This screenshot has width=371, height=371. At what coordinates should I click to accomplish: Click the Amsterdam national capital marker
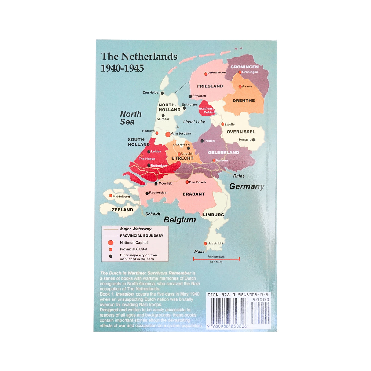tap(167, 134)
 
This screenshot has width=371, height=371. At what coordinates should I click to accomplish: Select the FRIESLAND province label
tap(210, 86)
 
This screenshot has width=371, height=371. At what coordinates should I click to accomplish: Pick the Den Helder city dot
tap(162, 93)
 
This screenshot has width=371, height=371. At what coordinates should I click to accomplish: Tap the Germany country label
tap(247, 186)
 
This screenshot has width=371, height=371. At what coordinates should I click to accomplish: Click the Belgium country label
tap(180, 220)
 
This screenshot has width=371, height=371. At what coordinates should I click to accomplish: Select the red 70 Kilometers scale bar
tap(216, 259)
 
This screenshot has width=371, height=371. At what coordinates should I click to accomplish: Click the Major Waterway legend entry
tap(135, 229)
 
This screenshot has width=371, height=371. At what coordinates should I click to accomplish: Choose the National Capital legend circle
tap(111, 243)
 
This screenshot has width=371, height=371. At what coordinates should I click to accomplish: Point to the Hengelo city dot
tap(253, 140)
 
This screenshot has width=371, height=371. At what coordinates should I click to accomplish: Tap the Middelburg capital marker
tap(111, 196)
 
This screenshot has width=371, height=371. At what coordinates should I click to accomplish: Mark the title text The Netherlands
tap(139, 57)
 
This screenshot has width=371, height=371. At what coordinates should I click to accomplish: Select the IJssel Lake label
tap(194, 122)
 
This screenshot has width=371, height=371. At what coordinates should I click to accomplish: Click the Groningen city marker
tap(240, 72)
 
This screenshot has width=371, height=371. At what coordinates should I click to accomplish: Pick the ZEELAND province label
tap(122, 210)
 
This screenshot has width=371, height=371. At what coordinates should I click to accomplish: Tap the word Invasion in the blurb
tap(124, 294)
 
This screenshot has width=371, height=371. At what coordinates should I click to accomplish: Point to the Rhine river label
tap(239, 176)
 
